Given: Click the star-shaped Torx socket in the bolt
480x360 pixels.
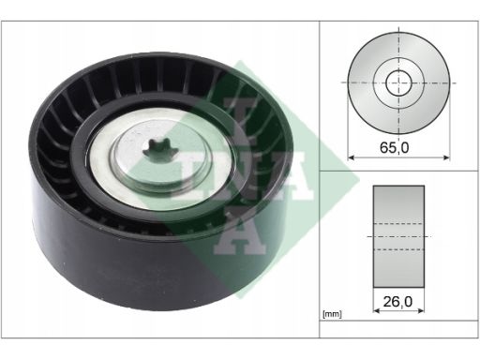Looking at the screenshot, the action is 160,150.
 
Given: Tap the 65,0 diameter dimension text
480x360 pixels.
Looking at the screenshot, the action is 394,147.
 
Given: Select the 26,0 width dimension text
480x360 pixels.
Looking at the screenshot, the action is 397,302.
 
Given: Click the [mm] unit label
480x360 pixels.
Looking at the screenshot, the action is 332,314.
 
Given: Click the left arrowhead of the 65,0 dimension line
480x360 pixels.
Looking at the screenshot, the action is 351,157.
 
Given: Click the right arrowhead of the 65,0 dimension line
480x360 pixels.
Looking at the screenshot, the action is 447,157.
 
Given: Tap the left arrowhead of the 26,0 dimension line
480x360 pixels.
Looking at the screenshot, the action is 376,310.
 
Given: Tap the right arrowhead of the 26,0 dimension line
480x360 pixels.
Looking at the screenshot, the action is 421,310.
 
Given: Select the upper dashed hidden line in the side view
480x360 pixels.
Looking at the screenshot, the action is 398,224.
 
